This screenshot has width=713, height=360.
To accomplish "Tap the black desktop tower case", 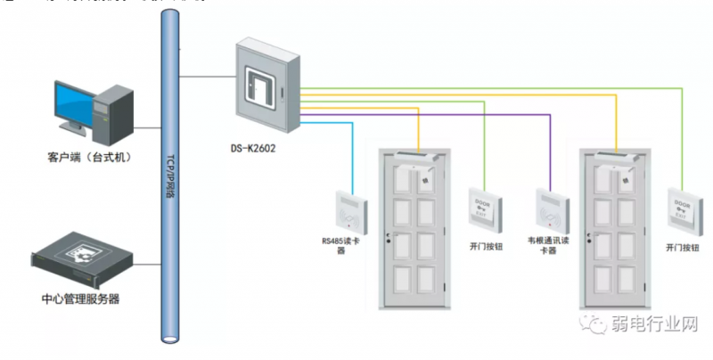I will point(115,114).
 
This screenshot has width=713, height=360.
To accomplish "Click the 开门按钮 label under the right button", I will point(683,245).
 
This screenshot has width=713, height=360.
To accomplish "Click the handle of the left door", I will point(388,237).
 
